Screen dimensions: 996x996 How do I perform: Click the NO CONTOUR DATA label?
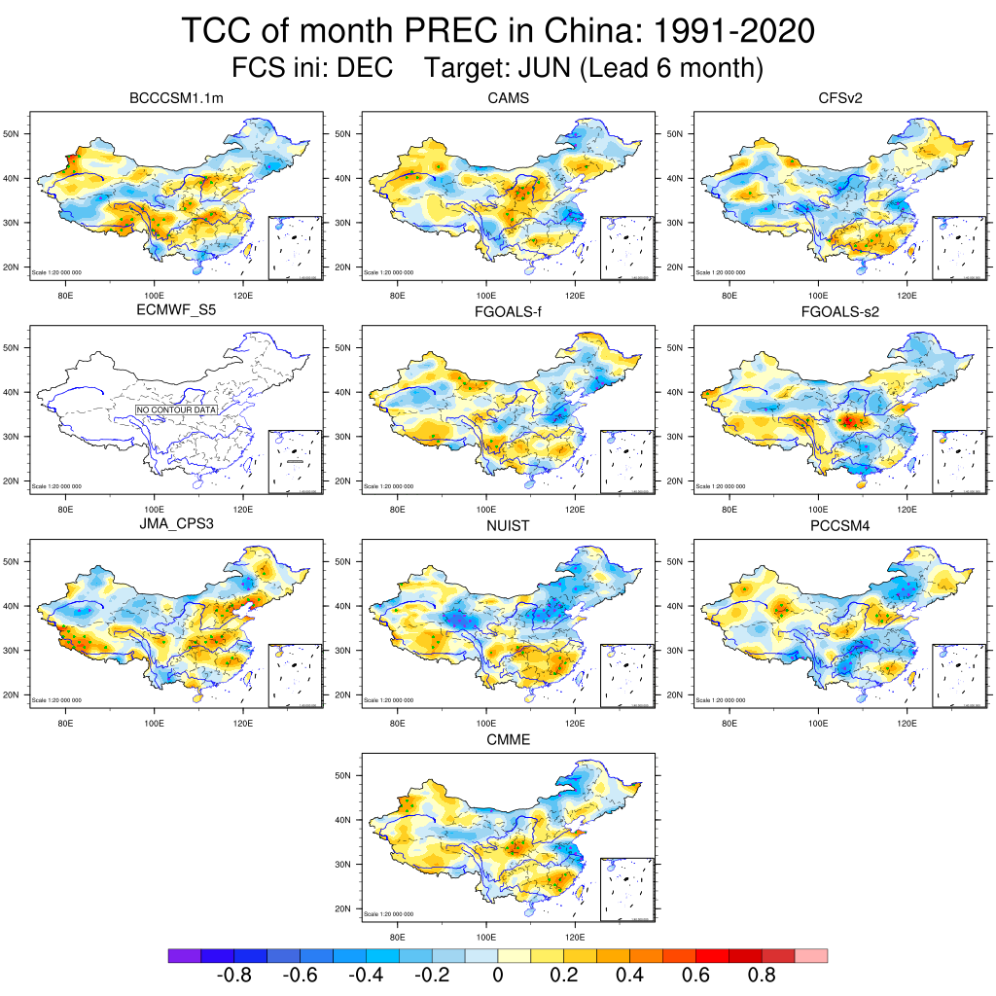[176, 410]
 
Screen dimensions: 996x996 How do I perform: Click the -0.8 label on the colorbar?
[233, 976]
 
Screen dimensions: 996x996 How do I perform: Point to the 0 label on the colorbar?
[497, 976]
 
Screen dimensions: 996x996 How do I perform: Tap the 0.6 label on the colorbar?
[695, 976]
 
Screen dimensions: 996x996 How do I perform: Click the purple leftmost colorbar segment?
[184, 956]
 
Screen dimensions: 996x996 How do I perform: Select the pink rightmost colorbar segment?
[811, 956]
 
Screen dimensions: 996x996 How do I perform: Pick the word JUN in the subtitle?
[550, 69]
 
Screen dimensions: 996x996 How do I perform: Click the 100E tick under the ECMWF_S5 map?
[155, 506]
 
